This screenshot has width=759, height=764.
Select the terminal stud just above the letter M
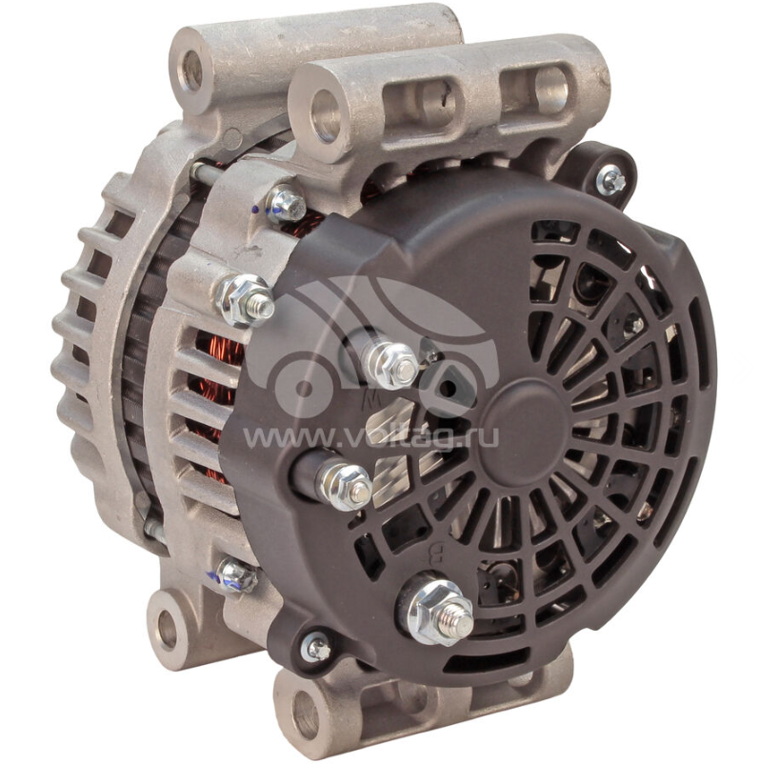click(392, 364)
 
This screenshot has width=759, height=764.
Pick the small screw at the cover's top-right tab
click(610, 180)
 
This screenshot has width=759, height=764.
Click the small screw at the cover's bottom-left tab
click(315, 646)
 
